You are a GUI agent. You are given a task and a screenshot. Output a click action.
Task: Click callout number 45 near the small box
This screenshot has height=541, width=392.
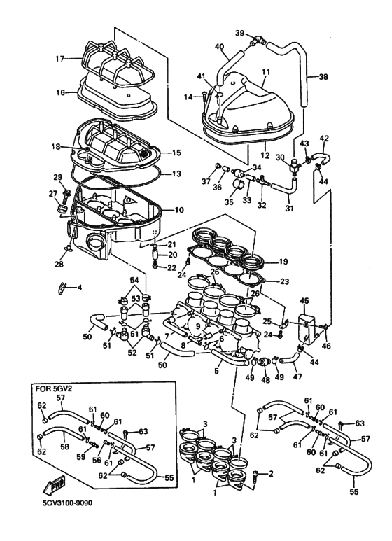[x=304, y=302]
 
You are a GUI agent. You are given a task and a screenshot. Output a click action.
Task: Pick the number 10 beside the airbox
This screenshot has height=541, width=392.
[x=179, y=209]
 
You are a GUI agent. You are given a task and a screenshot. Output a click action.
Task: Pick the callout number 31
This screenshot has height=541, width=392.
[x=289, y=208]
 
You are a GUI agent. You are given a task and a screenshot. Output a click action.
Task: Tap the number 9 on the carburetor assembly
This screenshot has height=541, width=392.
[x=197, y=325]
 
